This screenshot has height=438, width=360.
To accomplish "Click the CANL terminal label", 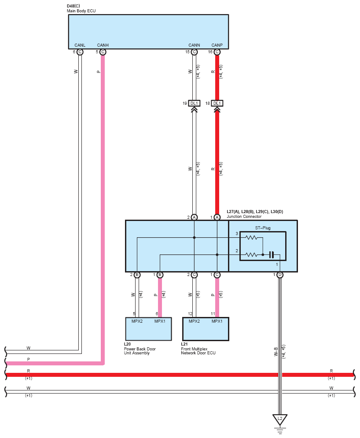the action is [80, 45].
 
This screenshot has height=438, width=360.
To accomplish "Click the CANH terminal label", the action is [103, 45].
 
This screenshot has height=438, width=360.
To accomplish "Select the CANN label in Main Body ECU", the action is [194, 45].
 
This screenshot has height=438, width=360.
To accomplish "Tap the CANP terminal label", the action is [217, 45].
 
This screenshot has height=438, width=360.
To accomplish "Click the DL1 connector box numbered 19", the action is [194, 103].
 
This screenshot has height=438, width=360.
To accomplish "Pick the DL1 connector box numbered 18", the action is [217, 103].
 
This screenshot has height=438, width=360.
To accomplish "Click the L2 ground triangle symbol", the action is [280, 419].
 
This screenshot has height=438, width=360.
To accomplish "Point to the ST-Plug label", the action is [263, 228].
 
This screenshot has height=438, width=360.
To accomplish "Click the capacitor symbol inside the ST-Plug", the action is [271, 255].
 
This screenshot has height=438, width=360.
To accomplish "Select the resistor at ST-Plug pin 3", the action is [251, 238].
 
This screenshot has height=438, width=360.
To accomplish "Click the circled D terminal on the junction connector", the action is [280, 275].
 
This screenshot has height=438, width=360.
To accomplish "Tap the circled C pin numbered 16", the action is [217, 52].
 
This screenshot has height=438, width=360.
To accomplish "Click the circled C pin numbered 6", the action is [80, 52].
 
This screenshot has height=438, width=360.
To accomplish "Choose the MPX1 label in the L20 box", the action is [160, 321].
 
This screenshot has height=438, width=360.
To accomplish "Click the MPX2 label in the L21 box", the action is [194, 321].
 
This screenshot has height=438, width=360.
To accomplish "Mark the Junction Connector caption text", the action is [244, 217].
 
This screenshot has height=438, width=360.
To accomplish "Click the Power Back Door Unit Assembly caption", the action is [140, 351].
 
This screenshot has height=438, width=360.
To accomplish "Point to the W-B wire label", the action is [276, 352].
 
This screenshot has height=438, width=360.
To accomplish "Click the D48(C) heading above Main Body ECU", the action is [73, 6].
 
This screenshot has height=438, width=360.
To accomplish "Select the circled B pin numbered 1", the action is [160, 275].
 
